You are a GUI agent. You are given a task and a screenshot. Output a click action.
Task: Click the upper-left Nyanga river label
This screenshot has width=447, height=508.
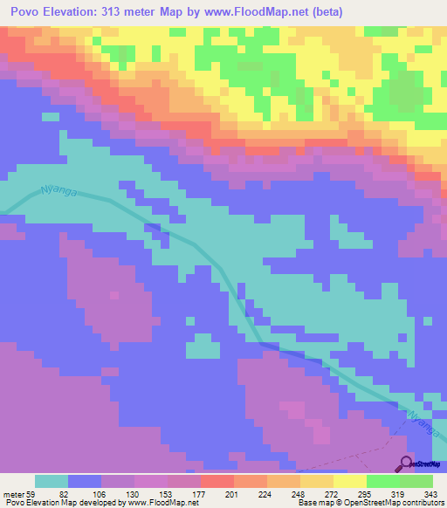pyautogui.click(x=59, y=193)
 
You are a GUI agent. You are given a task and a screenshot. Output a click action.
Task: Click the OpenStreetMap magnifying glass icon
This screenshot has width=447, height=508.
pyautogui.click(x=407, y=463)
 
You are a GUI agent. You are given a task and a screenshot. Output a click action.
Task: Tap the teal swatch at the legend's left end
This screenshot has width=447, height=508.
pyautogui.click(x=52, y=481)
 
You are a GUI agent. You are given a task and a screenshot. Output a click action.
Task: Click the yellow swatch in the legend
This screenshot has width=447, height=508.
pyautogui.click(x=349, y=481)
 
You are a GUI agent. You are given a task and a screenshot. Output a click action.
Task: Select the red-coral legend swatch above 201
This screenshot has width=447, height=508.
pyautogui.click(x=217, y=481)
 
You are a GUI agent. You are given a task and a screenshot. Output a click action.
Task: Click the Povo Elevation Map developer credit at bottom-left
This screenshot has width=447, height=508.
pyautogui.click(x=100, y=503)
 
